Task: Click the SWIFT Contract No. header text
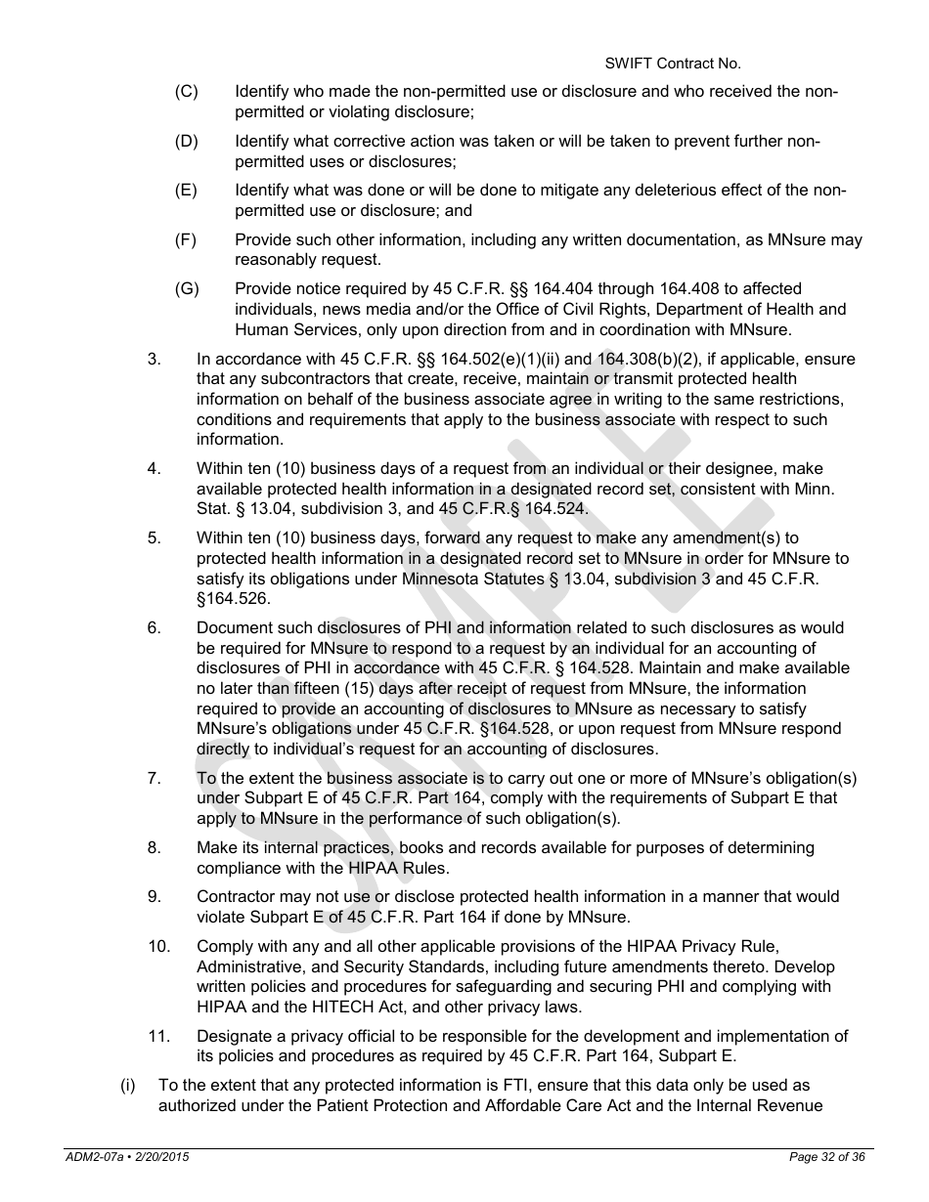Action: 672,64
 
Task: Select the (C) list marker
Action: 186,92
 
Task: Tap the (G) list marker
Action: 187,288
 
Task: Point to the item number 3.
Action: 154,359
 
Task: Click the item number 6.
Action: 154,627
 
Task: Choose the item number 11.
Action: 158,1036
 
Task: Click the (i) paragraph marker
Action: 127,1086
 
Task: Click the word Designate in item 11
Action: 231,1036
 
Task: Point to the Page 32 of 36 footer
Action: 826,1157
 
